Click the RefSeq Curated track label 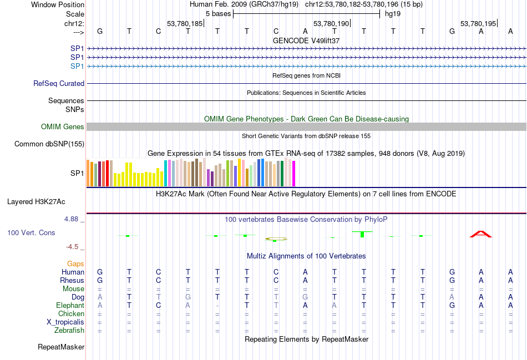[x=59, y=84]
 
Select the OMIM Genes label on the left [x=63, y=127]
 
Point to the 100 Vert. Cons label [x=31, y=233]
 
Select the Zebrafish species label [x=70, y=331]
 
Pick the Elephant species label [x=70, y=306]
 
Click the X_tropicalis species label [x=65, y=322]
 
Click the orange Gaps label [x=75, y=263]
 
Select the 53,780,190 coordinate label [x=331, y=24]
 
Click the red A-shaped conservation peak [x=481, y=234]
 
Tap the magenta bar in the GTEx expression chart [x=293, y=173]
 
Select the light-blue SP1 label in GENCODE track [x=77, y=66]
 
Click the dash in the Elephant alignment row [x=217, y=306]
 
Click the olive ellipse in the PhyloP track [x=276, y=239]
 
